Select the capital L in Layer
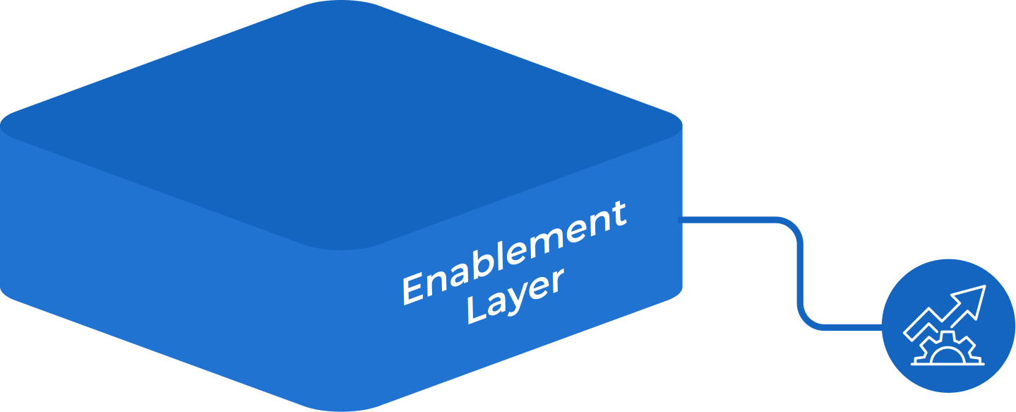[x=477, y=311]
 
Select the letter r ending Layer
[x=557, y=281]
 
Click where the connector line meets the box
[x=681, y=220]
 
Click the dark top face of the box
[x=339, y=120]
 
